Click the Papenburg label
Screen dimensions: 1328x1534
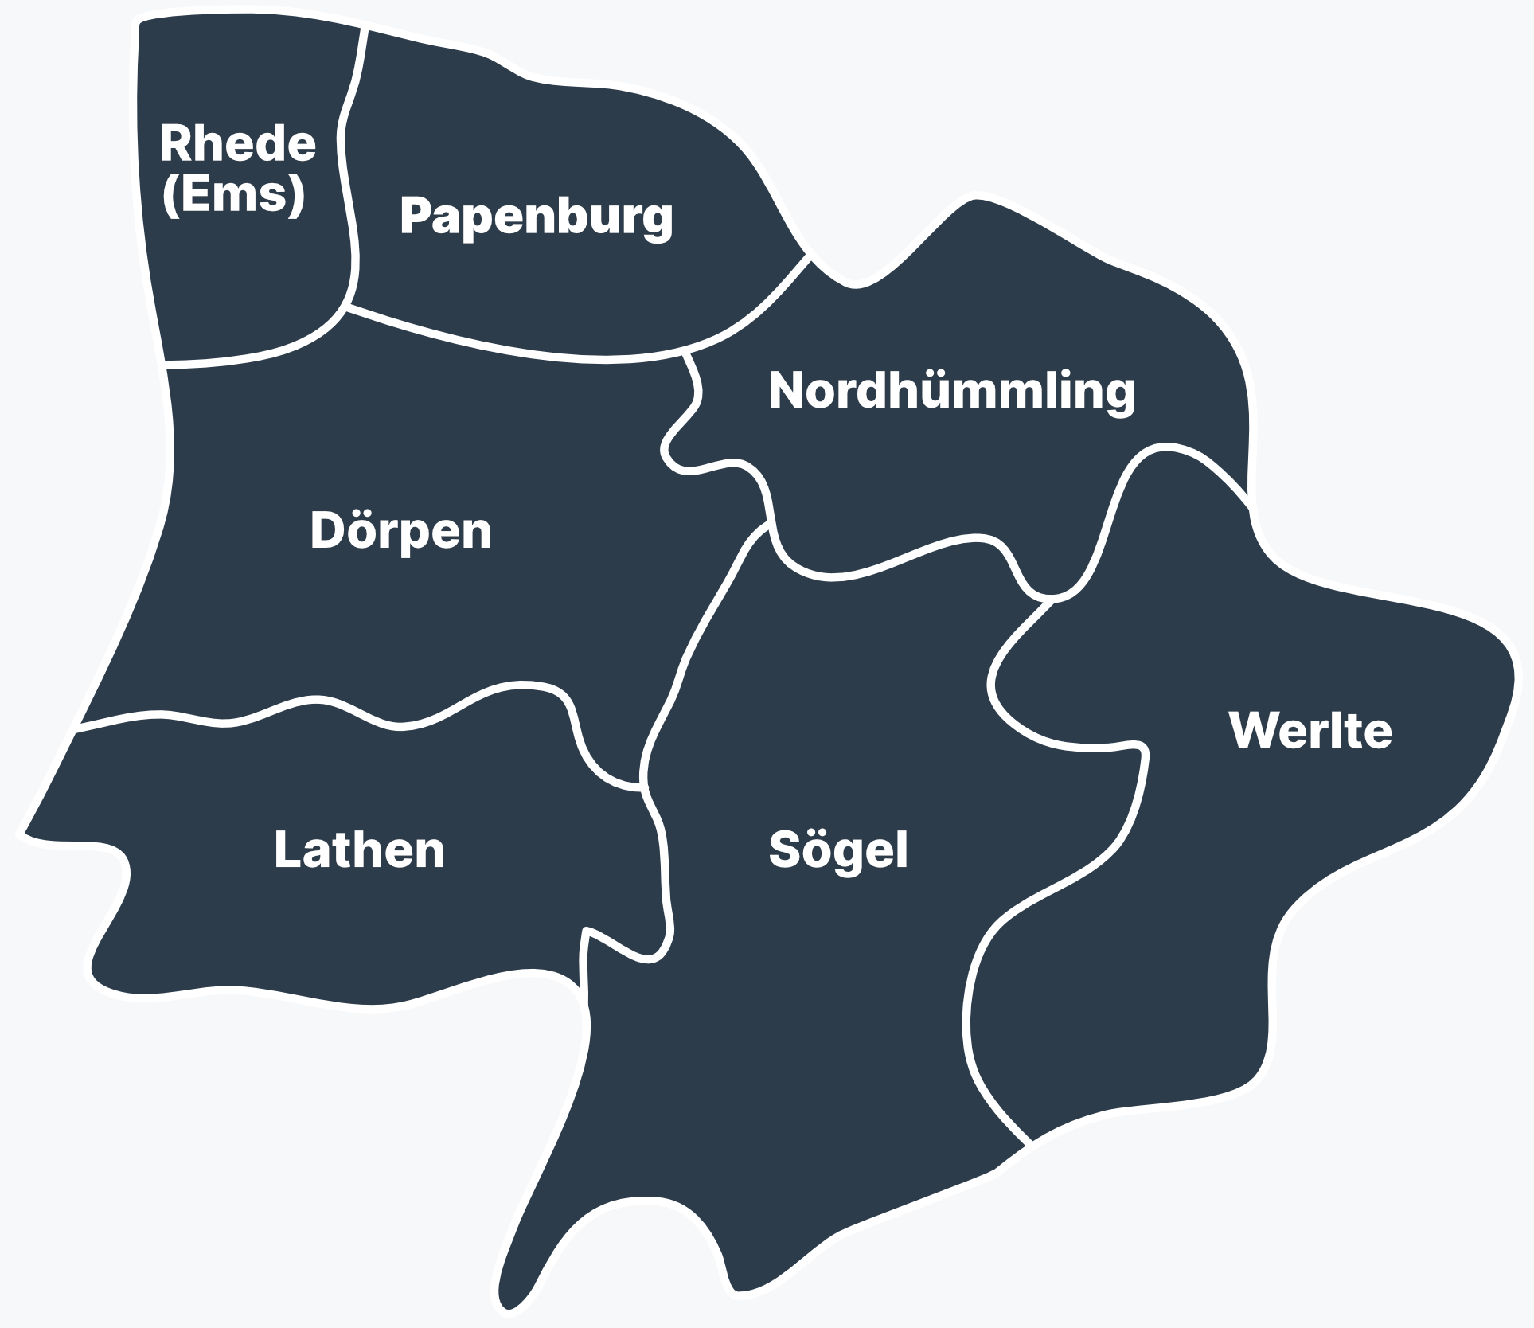[536, 216]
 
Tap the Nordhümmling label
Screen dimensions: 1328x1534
[951, 391]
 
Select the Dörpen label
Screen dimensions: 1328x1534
[400, 531]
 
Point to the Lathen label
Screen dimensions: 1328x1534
[359, 850]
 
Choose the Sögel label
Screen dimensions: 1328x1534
[837, 850]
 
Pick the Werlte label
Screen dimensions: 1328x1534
[1310, 730]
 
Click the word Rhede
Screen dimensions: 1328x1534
[237, 143]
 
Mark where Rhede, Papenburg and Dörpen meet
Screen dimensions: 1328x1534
[348, 307]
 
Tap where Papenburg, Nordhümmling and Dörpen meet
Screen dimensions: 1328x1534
[686, 353]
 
